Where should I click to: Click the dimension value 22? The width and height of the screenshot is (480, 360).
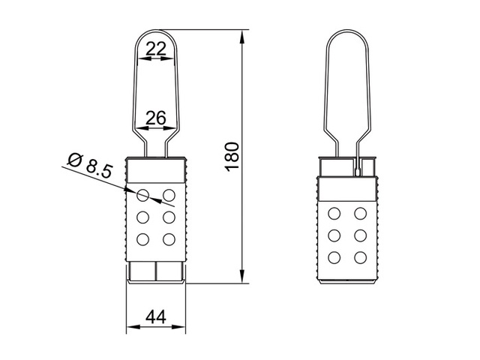156,49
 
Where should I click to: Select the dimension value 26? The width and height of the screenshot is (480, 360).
156,117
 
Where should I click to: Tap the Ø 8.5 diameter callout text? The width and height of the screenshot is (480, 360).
89,164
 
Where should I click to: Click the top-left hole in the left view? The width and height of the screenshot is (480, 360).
143,196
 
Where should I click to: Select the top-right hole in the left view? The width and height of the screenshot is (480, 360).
169,196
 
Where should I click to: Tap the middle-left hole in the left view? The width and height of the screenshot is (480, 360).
143,217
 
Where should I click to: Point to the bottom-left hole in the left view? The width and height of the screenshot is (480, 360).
143,239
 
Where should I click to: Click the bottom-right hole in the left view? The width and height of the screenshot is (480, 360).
169,239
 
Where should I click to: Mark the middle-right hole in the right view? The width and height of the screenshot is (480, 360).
361,235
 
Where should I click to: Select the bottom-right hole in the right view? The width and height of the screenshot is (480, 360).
361,256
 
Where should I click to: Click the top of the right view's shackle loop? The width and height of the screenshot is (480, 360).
349,31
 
